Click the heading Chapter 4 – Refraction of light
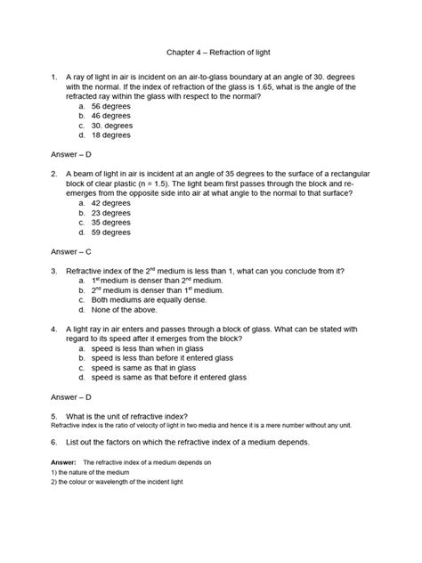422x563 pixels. pyautogui.click(x=211, y=53)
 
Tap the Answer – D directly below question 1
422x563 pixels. pyautogui.click(x=68, y=154)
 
